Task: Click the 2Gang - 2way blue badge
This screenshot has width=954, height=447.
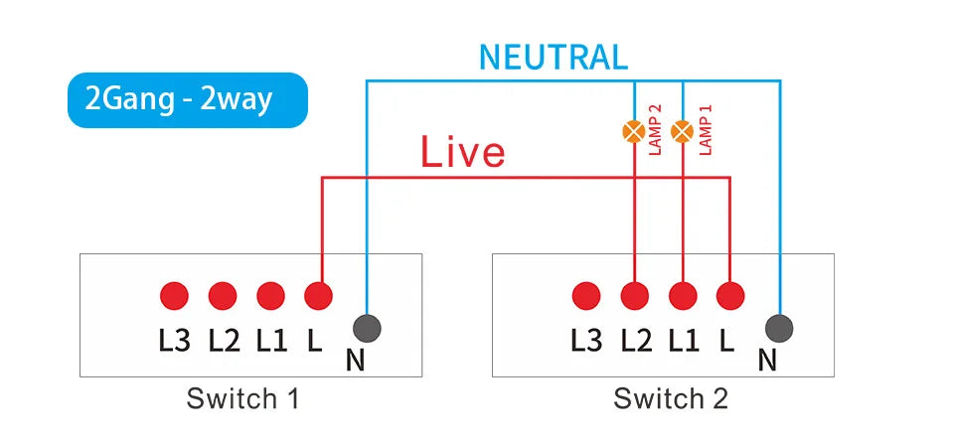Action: (x=187, y=100)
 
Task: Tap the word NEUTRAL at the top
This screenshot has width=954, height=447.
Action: (x=553, y=57)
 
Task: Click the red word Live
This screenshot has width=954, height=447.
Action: (x=462, y=153)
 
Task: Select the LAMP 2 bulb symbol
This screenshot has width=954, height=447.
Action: (x=633, y=130)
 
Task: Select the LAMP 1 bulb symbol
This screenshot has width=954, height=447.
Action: (x=683, y=130)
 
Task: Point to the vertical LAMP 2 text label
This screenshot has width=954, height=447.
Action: (x=655, y=130)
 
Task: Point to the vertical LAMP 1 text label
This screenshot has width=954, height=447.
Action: (x=707, y=130)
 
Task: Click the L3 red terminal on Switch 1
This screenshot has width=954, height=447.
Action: (x=174, y=295)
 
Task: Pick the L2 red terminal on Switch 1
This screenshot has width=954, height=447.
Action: (x=223, y=295)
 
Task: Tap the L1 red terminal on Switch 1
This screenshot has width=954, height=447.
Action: (x=270, y=295)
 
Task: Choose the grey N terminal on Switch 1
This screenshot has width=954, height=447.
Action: (x=367, y=329)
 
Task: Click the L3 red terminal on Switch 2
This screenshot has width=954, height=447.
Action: (x=586, y=295)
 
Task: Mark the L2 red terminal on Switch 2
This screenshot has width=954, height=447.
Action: (x=634, y=295)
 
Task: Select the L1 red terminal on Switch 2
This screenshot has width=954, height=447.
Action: (x=683, y=295)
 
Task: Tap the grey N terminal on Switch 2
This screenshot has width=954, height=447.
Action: (x=780, y=329)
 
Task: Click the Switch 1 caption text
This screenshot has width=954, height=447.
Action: (x=242, y=399)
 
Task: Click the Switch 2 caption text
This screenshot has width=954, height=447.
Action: (x=671, y=399)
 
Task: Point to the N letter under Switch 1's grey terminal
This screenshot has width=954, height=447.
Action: (x=355, y=360)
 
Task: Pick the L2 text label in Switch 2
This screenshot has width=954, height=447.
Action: (x=636, y=341)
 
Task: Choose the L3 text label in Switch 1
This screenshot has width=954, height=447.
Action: (x=174, y=341)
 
